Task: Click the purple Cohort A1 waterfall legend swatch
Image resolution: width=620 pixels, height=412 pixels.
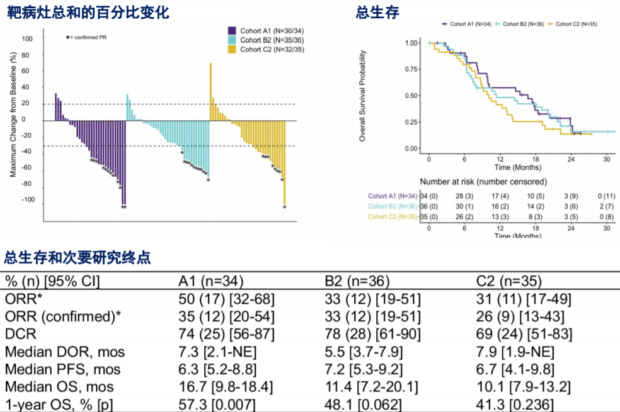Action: [232, 30]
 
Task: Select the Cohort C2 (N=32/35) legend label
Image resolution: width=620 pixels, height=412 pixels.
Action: [268, 49]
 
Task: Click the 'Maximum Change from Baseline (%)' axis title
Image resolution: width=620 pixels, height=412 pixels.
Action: [13, 120]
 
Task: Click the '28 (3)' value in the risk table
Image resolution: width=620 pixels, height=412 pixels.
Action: [464, 196]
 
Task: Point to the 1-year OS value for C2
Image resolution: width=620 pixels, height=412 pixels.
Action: [515, 404]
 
